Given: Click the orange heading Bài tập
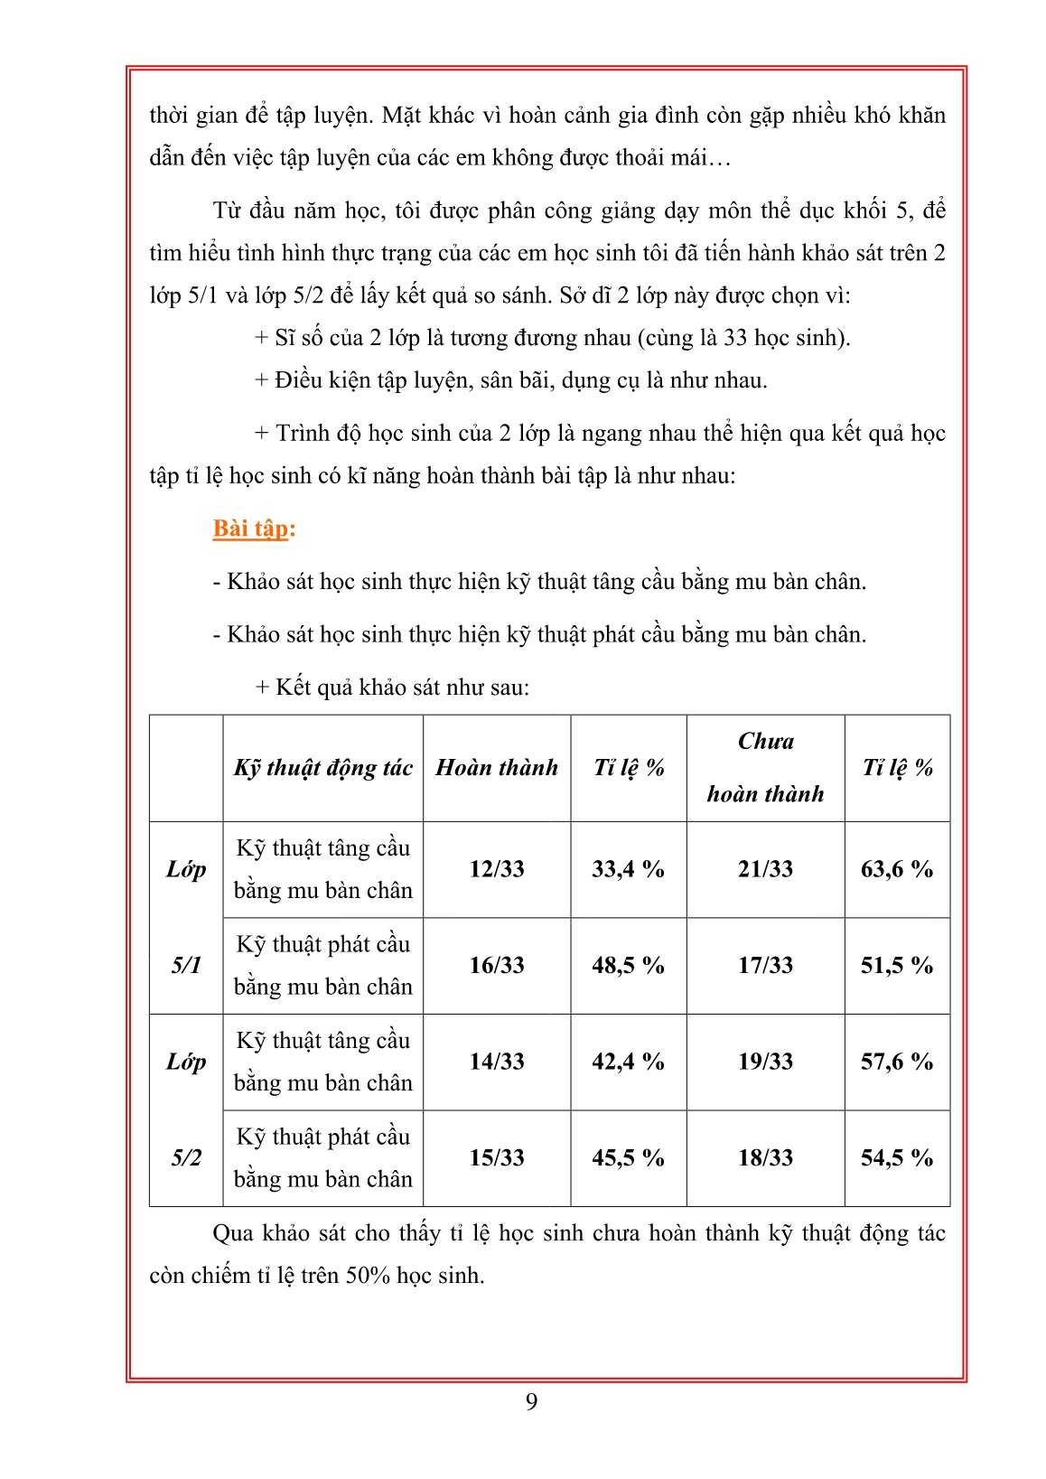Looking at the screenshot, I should click(254, 529).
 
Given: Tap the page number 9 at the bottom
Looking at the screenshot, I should click(531, 1401).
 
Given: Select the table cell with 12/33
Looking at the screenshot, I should click(497, 869).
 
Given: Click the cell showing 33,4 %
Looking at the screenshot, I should click(628, 869).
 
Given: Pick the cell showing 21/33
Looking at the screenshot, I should click(765, 869).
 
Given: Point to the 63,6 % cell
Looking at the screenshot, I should click(897, 869).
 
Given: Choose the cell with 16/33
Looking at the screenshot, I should click(497, 966).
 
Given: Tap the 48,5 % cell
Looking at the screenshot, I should click(628, 966).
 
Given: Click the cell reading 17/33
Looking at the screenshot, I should click(765, 966).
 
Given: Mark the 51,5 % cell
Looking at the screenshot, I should click(897, 966).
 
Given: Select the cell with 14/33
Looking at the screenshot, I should click(497, 1062).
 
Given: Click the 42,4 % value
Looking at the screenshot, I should click(628, 1062).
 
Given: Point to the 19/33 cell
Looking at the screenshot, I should click(765, 1062).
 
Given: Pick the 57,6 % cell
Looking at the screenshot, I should click(897, 1062).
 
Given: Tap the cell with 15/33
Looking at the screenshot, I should click(497, 1158).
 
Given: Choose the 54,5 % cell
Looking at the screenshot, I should click(897, 1158).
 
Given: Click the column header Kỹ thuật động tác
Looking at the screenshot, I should click(322, 768).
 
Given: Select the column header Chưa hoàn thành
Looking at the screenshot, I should click(765, 768).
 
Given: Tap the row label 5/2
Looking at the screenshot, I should click(186, 1158).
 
